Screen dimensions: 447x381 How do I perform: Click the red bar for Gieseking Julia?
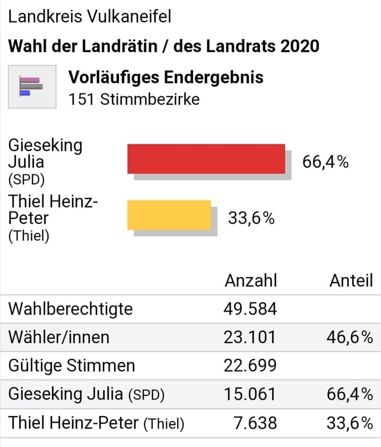point(206,159)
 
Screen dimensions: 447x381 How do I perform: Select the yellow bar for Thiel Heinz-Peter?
point(169,215)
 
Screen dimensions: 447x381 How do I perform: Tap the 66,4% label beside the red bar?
point(325,162)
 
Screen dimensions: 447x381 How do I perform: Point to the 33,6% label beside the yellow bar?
point(251,218)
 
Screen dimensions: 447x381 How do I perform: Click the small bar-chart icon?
point(32,87)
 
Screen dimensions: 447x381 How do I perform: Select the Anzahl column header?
point(251,280)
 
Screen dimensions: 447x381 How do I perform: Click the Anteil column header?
point(351,280)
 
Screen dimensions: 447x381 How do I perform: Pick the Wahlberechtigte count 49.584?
point(250,309)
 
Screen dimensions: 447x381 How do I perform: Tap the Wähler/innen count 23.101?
point(250,337)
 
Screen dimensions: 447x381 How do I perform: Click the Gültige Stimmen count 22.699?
point(250,366)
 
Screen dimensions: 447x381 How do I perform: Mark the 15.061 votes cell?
point(250,394)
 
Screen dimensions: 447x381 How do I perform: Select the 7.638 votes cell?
point(256,423)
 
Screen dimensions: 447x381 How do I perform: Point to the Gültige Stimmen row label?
point(72,366)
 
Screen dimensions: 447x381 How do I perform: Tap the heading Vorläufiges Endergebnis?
point(166,77)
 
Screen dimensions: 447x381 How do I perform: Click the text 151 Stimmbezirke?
point(134,99)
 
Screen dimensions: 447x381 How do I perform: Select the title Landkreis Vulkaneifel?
point(90,17)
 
